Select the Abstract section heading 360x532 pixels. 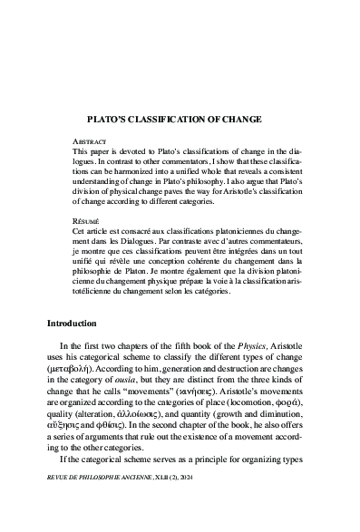[x=89, y=143]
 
